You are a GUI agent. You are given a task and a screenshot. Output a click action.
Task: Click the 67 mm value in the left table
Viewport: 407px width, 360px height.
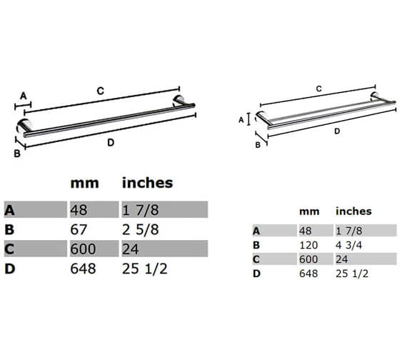[x=79, y=229]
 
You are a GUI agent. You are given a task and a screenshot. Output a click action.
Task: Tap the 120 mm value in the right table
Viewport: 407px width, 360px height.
[x=308, y=244]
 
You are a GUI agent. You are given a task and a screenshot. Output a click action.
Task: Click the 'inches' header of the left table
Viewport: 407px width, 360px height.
[x=147, y=183]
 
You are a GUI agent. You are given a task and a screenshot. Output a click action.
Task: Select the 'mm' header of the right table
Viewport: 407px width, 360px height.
[x=308, y=211]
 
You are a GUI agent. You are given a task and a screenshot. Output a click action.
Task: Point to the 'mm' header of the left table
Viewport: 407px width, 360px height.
[x=84, y=183]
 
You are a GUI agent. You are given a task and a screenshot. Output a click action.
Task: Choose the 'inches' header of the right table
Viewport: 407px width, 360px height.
[x=353, y=211]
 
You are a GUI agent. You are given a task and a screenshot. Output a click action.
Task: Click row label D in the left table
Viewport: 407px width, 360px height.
[x=9, y=269]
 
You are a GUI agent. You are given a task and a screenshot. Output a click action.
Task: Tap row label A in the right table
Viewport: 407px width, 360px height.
[x=256, y=230]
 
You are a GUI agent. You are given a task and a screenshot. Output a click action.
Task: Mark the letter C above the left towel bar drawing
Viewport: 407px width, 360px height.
[x=101, y=91]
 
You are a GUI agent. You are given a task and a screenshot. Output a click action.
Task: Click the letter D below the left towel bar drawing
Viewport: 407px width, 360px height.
[x=111, y=143]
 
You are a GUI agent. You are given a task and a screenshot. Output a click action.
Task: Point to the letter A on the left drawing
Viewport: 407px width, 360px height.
[x=22, y=95]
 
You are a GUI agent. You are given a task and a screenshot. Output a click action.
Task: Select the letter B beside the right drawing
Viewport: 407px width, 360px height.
[x=258, y=145]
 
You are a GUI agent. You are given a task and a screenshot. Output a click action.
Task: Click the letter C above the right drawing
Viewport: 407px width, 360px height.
[x=318, y=89]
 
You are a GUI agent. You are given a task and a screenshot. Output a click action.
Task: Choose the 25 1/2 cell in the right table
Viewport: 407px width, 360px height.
[x=351, y=273]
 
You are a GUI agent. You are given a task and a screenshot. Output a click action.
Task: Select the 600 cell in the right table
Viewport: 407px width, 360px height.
[x=308, y=259]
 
